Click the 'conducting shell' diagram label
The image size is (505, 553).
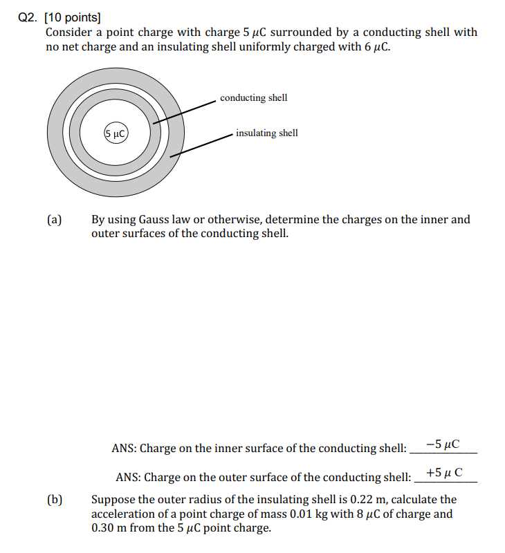(253, 97)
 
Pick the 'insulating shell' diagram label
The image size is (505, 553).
(266, 133)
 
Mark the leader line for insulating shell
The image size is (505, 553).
(201, 144)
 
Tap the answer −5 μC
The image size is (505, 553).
(443, 444)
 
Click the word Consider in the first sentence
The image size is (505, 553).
(68, 32)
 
